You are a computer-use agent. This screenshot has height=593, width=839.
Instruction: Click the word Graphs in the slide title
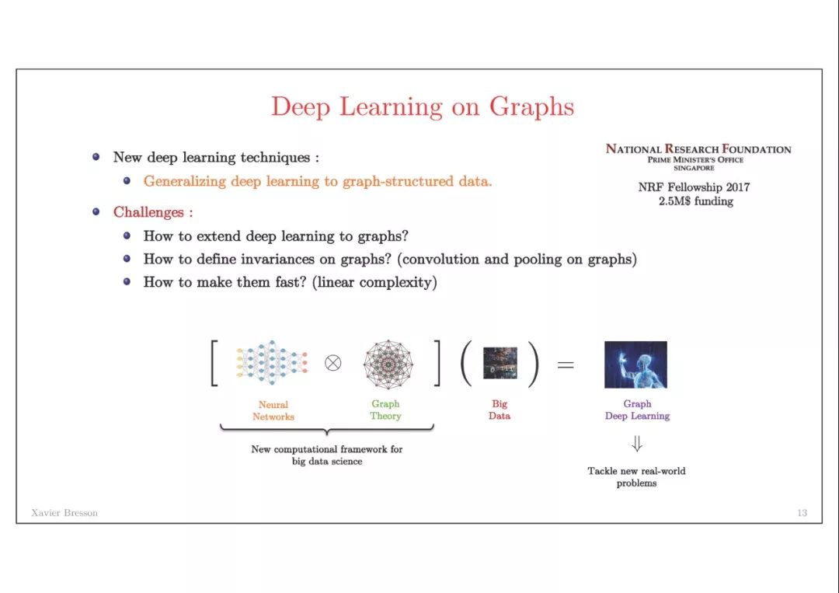(531, 107)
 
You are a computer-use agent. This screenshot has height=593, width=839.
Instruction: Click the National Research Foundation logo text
(698, 156)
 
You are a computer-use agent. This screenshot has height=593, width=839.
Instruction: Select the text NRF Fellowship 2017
(694, 187)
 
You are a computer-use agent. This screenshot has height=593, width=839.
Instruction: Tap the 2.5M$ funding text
(695, 201)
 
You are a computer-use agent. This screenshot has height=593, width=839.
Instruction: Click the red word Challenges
(148, 212)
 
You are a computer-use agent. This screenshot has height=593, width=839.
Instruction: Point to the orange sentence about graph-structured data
(317, 181)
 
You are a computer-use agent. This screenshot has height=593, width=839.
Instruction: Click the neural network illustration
(272, 362)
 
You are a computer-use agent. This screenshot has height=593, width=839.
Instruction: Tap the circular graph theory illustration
(388, 364)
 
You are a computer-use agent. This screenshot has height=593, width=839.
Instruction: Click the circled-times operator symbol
(332, 364)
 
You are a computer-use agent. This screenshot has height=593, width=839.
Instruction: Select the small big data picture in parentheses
(500, 363)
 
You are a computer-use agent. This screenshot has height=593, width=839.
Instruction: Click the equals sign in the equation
(566, 365)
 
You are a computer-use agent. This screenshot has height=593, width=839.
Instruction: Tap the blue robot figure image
(635, 365)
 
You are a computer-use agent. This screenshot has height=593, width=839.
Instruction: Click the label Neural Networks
(273, 410)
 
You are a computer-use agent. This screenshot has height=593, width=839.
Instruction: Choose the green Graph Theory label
(385, 410)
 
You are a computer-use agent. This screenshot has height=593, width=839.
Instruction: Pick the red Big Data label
(500, 410)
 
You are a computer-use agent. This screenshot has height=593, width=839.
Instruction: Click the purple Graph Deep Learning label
(637, 410)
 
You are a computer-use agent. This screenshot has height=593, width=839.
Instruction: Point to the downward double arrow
(637, 444)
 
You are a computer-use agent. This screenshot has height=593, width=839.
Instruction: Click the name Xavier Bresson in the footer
(64, 513)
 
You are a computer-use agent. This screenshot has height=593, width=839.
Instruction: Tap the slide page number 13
(802, 513)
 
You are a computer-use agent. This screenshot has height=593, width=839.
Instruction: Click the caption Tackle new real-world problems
(636, 477)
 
